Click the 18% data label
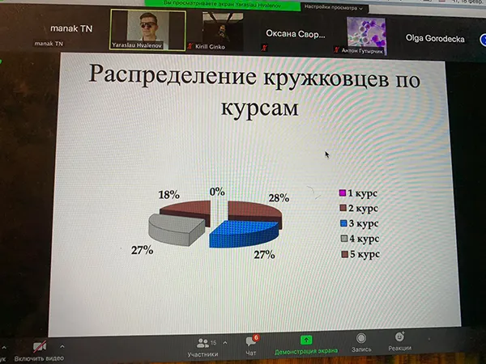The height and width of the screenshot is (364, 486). [169, 195]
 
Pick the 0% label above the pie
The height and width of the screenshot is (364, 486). [216, 192]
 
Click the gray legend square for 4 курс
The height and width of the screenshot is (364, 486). [343, 239]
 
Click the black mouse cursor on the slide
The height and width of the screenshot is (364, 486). [327, 154]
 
